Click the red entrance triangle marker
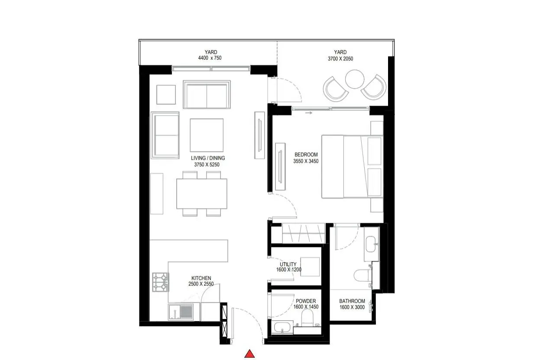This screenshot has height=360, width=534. [x=249, y=354]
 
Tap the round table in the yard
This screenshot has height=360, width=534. [x=355, y=79]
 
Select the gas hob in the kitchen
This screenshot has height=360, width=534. [x=160, y=282]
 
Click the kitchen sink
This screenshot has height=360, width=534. [x=181, y=312]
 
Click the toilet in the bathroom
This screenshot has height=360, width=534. [x=362, y=276]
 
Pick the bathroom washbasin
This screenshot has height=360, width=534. [x=371, y=244]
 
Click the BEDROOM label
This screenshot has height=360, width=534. [x=306, y=154]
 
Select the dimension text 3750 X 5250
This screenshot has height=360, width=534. [x=207, y=164]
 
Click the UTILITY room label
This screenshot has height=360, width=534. [x=288, y=264]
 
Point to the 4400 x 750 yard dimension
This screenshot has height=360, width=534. [x=210, y=58]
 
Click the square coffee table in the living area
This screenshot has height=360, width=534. [x=207, y=135]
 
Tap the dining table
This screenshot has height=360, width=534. [x=202, y=194]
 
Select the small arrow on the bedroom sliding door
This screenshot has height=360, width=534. [x=309, y=113]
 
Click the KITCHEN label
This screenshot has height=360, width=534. [x=201, y=278]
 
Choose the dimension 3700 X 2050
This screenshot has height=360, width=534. [x=340, y=59]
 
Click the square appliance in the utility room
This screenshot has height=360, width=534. [x=310, y=267]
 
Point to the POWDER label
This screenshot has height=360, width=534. [x=306, y=301]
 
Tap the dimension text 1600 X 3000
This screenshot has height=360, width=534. [x=352, y=307]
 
